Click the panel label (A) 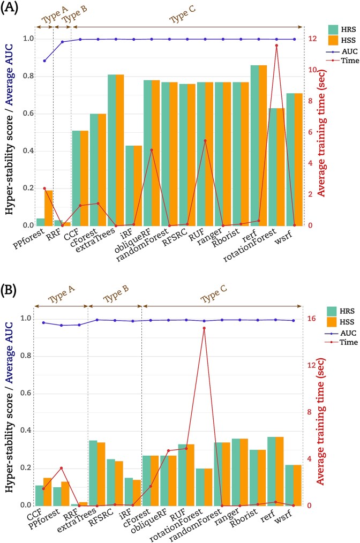pos(11,9)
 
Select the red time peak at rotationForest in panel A pos(276,46)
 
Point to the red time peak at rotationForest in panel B pos(204,328)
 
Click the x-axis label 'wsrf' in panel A pos(290,233)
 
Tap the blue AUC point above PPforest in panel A pos(44,61)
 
